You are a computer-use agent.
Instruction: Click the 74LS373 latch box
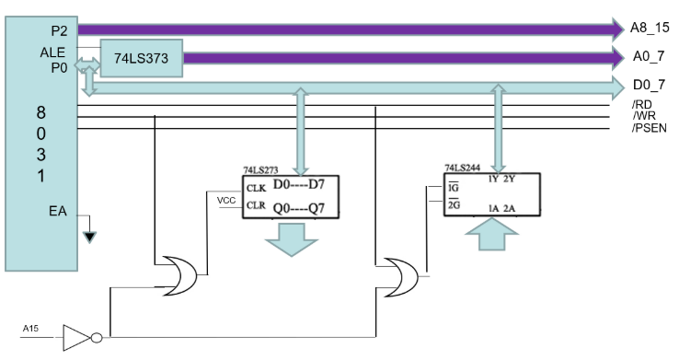(142, 59)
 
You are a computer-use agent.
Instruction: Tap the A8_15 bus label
(650, 28)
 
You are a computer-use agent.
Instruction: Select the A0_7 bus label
(649, 56)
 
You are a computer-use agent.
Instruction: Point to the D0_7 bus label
(649, 85)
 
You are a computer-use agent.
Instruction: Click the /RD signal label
(642, 104)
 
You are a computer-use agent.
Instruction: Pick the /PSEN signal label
(650, 128)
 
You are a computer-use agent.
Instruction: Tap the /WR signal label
(644, 116)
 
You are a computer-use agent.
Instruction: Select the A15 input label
(30, 329)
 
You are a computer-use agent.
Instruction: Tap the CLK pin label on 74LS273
(256, 189)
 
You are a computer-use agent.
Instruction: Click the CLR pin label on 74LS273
(256, 205)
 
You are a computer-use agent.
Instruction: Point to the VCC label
(226, 200)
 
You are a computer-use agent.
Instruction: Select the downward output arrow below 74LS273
(292, 239)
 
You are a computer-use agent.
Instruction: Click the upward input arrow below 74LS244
(491, 234)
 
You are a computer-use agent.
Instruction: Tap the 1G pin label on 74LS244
(454, 187)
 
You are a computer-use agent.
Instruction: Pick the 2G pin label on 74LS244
(454, 204)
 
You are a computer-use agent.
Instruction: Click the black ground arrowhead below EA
(89, 238)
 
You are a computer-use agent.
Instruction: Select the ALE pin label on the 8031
(52, 52)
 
